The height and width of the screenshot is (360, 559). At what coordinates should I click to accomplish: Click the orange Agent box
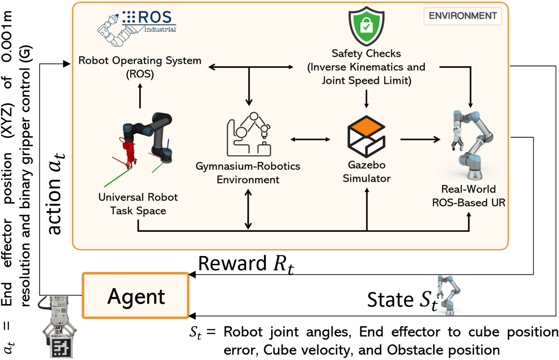tap(136, 295)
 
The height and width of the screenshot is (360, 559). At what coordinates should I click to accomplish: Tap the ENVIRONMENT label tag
tap(462, 16)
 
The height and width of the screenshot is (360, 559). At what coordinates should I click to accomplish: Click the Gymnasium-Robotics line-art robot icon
tap(249, 134)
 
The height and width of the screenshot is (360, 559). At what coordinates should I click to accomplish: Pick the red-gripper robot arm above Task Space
tap(146, 141)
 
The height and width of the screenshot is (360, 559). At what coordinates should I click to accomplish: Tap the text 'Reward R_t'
tap(246, 264)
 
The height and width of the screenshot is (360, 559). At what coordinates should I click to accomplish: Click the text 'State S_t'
tap(402, 299)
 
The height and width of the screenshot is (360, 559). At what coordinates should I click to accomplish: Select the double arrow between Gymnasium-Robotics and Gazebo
tap(310, 139)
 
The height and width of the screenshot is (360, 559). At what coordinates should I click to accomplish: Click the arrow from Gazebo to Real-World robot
tap(420, 139)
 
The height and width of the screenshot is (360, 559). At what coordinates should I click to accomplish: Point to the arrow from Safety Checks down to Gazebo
tap(366, 98)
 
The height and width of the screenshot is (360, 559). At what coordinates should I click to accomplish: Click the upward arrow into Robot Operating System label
tap(140, 96)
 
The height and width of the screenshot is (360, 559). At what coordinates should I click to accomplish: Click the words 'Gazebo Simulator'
tap(366, 171)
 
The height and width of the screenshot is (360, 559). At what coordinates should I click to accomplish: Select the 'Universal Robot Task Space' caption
tap(138, 204)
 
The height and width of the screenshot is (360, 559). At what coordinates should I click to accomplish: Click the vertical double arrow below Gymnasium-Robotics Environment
tap(248, 209)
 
